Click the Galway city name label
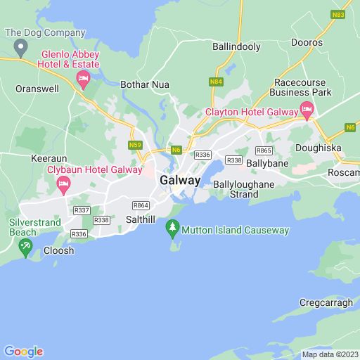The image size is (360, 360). [x=180, y=180]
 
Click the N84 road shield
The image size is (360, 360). [x=217, y=83]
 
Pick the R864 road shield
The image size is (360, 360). [x=140, y=205]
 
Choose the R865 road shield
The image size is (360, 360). [x=264, y=150]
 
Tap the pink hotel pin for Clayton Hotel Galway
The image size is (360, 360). [x=307, y=109]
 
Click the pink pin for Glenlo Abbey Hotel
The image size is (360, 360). [x=83, y=78]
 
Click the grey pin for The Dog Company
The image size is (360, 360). [x=20, y=47]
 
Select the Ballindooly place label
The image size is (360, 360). [x=236, y=46]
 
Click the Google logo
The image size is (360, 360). [x=22, y=351]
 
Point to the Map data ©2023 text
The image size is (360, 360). [x=329, y=354]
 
